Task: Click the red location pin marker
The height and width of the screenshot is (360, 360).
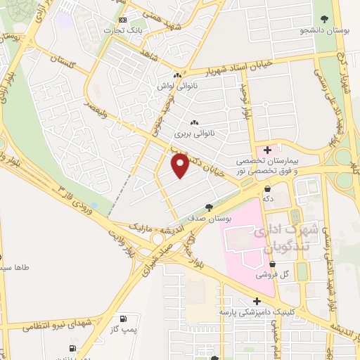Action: [181, 166]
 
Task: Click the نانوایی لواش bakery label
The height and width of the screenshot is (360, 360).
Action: [176, 86]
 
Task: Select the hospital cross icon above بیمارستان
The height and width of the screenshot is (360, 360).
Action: [268, 150]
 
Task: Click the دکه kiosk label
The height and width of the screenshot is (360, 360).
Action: [268, 199]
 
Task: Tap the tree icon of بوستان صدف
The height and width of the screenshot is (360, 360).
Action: [209, 207]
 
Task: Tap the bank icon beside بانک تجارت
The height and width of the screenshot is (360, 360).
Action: [123, 20]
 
